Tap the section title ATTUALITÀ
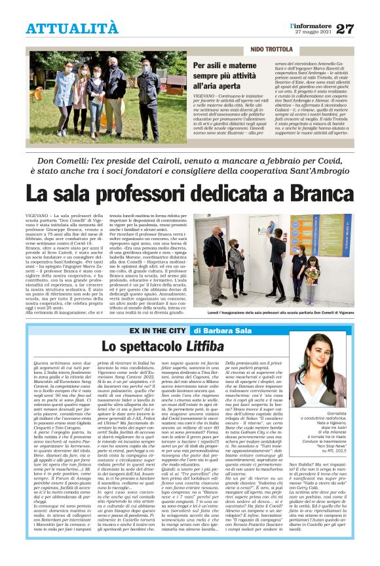tap(72, 28)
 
